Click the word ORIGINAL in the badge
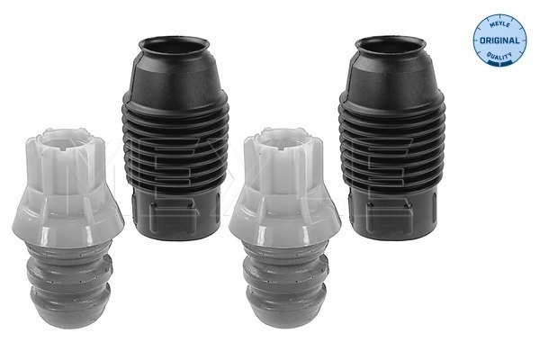(x=499, y=40)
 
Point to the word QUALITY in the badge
(x=499, y=55)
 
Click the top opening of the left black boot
(x=174, y=46)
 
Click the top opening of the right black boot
(x=391, y=46)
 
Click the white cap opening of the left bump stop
(x=64, y=139)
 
